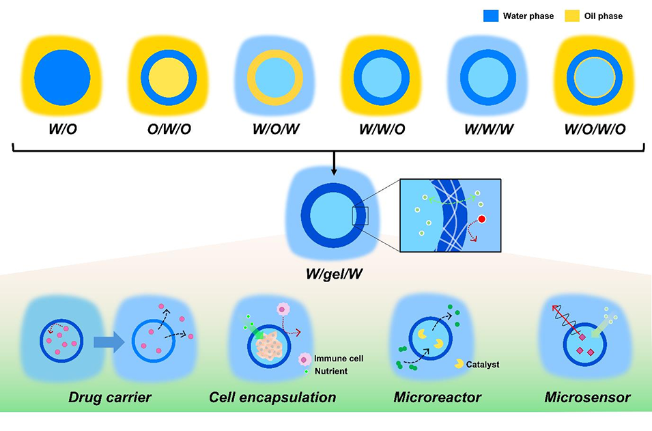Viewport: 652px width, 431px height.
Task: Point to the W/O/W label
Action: tap(274, 127)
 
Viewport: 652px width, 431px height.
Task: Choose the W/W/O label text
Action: tap(381, 127)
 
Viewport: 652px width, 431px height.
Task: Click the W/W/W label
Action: tap(487, 127)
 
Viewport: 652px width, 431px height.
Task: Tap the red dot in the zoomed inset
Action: tap(481, 219)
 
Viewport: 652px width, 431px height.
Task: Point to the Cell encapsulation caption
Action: tap(272, 397)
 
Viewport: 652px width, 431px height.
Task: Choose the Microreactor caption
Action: tap(438, 397)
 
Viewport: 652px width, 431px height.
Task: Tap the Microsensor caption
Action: tap(588, 397)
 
